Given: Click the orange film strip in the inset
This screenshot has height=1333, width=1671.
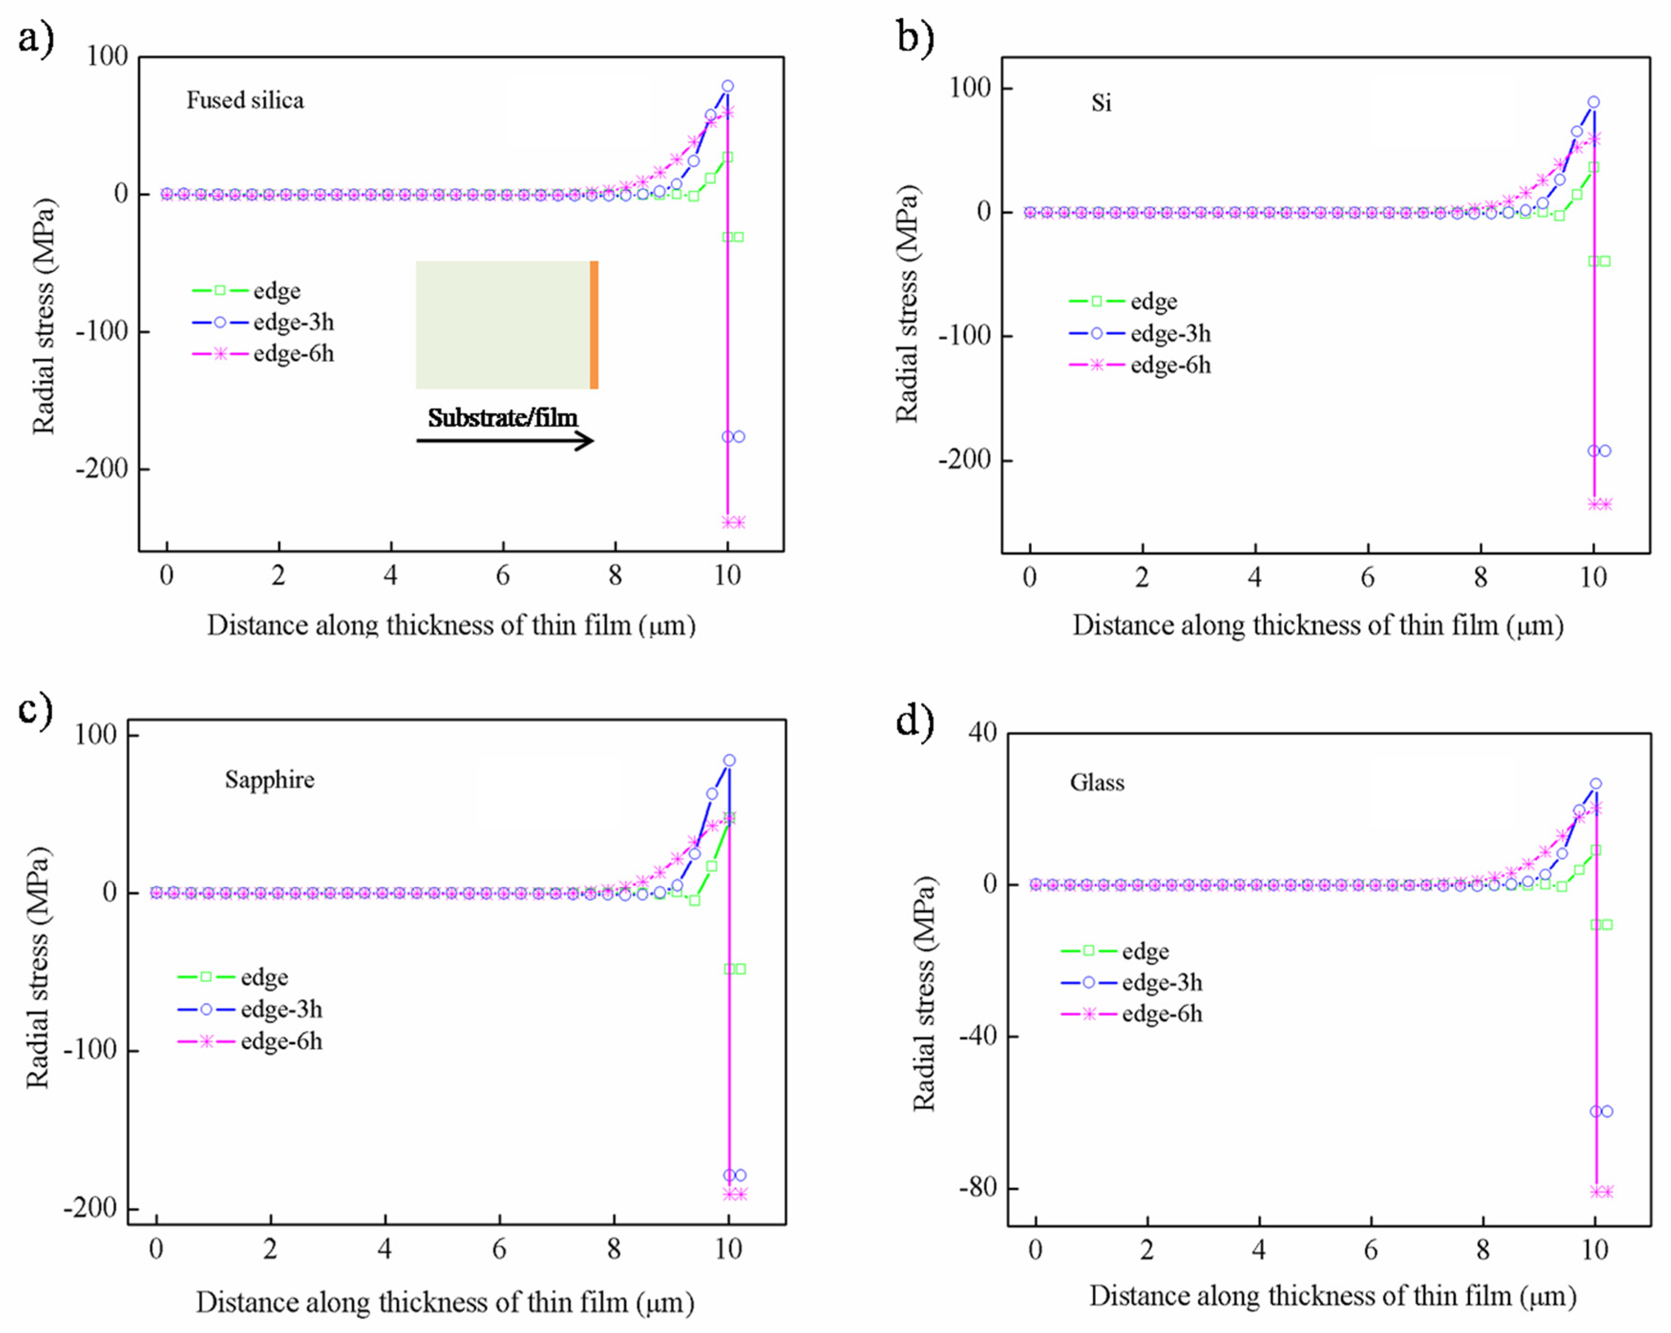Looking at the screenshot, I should click(x=594, y=325).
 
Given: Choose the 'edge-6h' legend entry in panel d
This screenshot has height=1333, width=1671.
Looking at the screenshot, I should click(x=1132, y=1014).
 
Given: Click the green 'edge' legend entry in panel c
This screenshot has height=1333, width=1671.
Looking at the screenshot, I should click(x=232, y=977).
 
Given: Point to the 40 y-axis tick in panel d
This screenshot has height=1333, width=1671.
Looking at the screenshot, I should click(x=983, y=733).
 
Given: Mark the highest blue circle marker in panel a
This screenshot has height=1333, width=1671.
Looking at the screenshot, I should click(x=727, y=86).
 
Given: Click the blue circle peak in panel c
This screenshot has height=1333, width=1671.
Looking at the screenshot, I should click(x=728, y=760).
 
